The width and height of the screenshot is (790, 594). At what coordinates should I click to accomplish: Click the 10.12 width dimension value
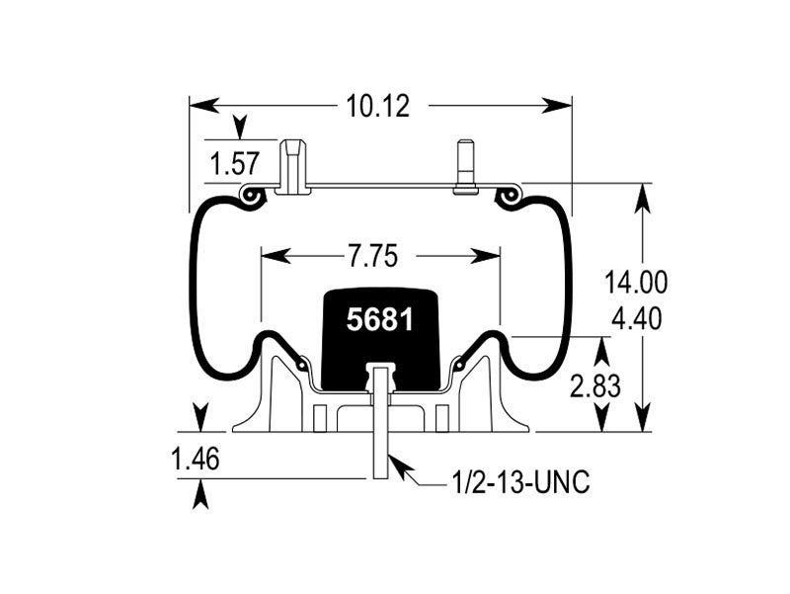coord(378,107)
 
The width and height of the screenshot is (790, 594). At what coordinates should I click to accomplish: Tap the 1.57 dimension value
coord(235,164)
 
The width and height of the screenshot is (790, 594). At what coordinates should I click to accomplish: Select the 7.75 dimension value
coord(372,256)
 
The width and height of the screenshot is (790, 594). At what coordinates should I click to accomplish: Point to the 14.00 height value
coord(636,282)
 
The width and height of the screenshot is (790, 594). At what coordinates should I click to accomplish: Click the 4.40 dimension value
coord(636,318)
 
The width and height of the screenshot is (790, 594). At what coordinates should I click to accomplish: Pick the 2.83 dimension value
coord(595,386)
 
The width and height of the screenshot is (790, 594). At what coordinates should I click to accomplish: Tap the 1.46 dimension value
coord(196,460)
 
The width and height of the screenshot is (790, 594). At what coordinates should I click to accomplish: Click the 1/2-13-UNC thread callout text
coord(521,482)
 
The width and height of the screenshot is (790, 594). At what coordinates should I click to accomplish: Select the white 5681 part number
coord(380,319)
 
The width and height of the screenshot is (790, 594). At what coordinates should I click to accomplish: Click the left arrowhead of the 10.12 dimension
coord(204,106)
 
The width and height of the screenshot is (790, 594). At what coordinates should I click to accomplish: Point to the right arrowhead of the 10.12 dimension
coord(557,106)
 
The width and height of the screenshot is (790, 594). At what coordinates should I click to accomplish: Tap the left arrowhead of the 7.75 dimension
coord(276,256)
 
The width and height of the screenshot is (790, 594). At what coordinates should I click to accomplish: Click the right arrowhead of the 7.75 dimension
coord(485,256)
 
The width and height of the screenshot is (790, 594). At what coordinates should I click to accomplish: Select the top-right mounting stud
coord(465,167)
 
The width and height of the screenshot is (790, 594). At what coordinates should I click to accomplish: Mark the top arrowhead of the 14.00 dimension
coord(643,199)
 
